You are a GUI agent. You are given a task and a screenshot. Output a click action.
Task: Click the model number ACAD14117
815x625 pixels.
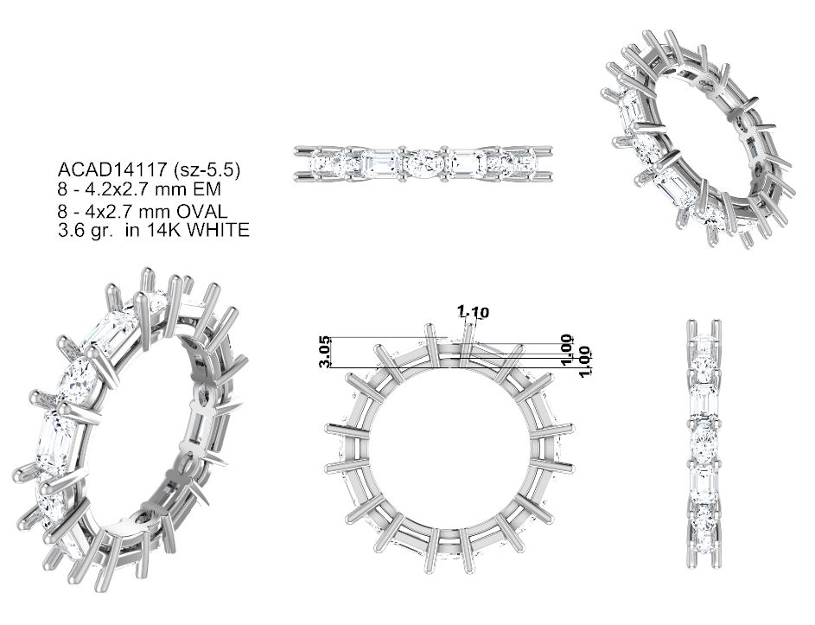pos(109,169)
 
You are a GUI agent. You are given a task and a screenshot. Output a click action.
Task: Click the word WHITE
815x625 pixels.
pos(218,230)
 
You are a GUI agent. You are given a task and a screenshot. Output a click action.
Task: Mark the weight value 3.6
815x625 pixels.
pos(70,230)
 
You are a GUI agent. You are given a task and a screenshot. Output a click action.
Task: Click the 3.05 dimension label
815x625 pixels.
pos(325,353)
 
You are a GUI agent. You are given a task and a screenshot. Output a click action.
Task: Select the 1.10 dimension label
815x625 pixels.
pos(473,312)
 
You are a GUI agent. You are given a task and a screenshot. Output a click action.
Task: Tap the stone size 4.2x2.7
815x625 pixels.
pos(118,188)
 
